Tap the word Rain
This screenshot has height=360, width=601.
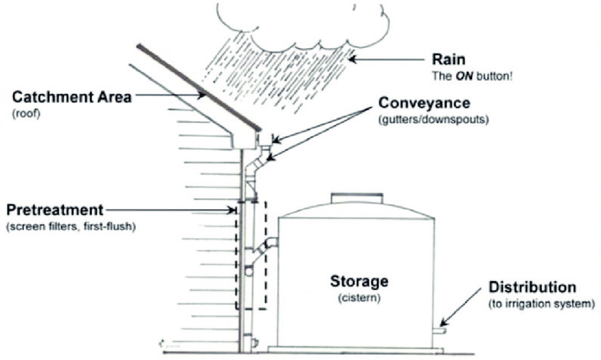click(447, 59)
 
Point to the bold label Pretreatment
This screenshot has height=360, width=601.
click(54, 209)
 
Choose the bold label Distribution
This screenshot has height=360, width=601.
click(532, 287)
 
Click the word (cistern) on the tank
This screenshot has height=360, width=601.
click(359, 297)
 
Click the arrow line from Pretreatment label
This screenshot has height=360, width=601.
click(171, 209)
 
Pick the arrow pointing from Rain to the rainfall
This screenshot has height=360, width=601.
click(386, 59)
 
